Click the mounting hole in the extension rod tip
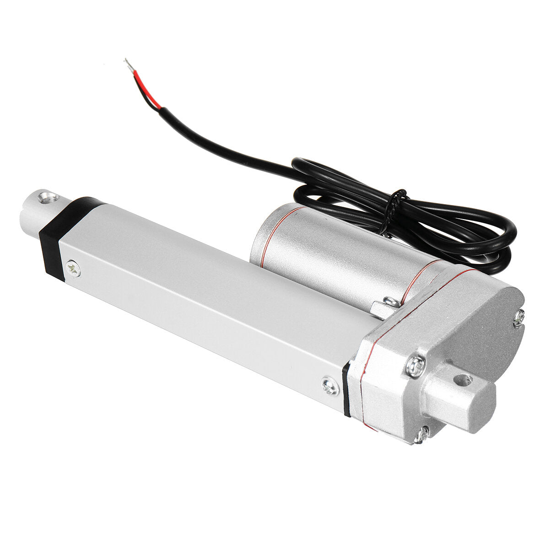tap(48, 198)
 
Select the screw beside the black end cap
tap(72, 269)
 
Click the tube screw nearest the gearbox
tap(330, 386)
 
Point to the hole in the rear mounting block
tap(463, 379)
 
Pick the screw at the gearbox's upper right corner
tap(518, 317)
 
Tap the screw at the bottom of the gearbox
tap(421, 434)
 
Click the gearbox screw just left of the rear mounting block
tap(415, 366)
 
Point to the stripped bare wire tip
tap(129, 65)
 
